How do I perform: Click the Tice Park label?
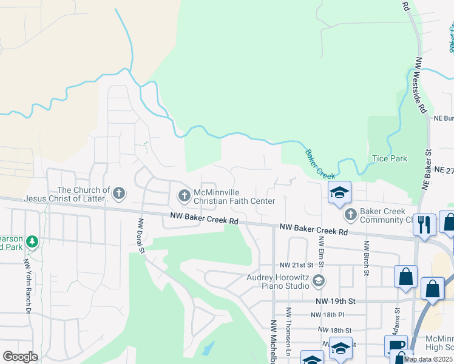point(389,158)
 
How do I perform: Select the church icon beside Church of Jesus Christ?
point(118,194)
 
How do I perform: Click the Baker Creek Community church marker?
point(350,214)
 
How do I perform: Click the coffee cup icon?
point(396,346)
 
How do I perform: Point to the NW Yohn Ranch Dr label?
point(27,285)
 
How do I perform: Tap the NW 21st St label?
point(296,265)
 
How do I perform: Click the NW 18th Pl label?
point(327,315)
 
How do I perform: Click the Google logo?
point(20,357)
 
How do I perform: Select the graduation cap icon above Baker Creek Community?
point(339,194)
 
